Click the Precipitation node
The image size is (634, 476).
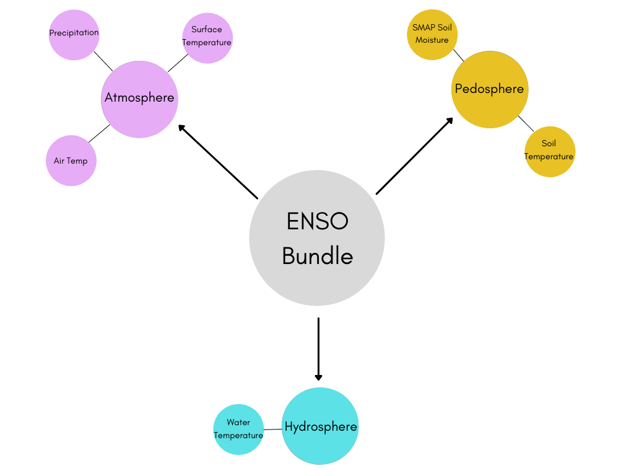[74, 35]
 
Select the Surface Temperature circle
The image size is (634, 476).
[207, 37]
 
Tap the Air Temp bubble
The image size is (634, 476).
[71, 161]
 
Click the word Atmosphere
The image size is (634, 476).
[139, 98]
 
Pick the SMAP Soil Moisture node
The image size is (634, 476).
[432, 34]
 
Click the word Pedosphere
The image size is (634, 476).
[489, 89]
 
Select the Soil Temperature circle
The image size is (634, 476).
[549, 151]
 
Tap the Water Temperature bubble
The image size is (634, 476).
[238, 429]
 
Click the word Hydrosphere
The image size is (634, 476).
[321, 427]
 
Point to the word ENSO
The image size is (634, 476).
[317, 221]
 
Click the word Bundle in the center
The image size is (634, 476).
[317, 255]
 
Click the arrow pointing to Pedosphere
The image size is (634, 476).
[415, 156]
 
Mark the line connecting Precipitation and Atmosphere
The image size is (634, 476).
[103, 61]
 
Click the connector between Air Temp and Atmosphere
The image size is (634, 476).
[99, 133]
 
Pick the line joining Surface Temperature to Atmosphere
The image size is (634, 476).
[178, 63]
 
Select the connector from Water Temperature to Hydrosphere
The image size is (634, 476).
[273, 429]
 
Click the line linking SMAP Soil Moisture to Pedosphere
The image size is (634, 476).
[458, 55]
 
